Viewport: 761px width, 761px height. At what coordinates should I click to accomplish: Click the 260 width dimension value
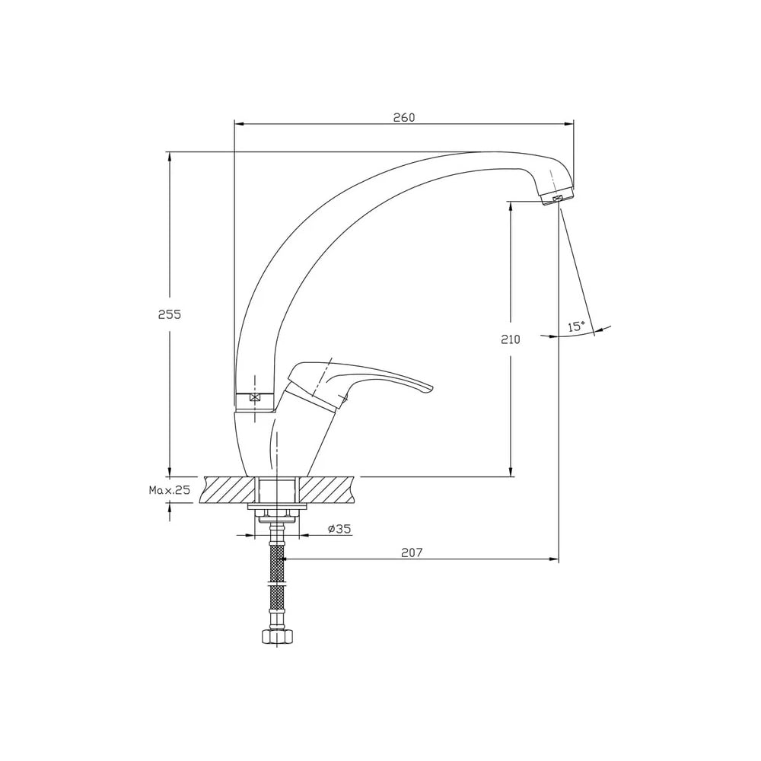404,117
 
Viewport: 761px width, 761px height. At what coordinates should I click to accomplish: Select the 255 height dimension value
170,314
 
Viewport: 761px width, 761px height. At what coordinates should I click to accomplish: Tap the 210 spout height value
510,339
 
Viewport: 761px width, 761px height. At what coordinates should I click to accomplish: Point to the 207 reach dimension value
412,552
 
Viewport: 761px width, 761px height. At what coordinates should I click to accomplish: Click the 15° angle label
576,326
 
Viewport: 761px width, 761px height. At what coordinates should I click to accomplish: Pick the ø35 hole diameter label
339,529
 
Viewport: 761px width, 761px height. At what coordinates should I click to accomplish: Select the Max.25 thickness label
170,490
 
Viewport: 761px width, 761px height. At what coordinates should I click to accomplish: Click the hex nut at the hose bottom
277,636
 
